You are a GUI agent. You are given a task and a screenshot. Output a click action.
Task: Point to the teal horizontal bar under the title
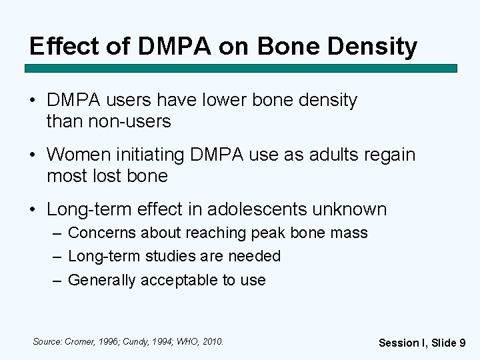click(x=241, y=68)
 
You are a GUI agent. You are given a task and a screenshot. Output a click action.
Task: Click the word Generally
click(x=100, y=280)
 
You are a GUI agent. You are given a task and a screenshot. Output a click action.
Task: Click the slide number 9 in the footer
click(x=462, y=343)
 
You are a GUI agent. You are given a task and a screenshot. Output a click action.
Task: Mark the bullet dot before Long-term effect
click(x=33, y=209)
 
